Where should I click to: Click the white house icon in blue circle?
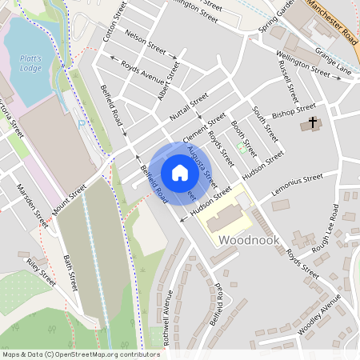(x=179, y=172)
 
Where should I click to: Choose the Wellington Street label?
(x=302, y=64)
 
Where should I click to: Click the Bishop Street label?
(x=294, y=110)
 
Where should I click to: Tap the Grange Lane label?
(x=333, y=64)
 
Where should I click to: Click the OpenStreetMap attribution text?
(x=80, y=354)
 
